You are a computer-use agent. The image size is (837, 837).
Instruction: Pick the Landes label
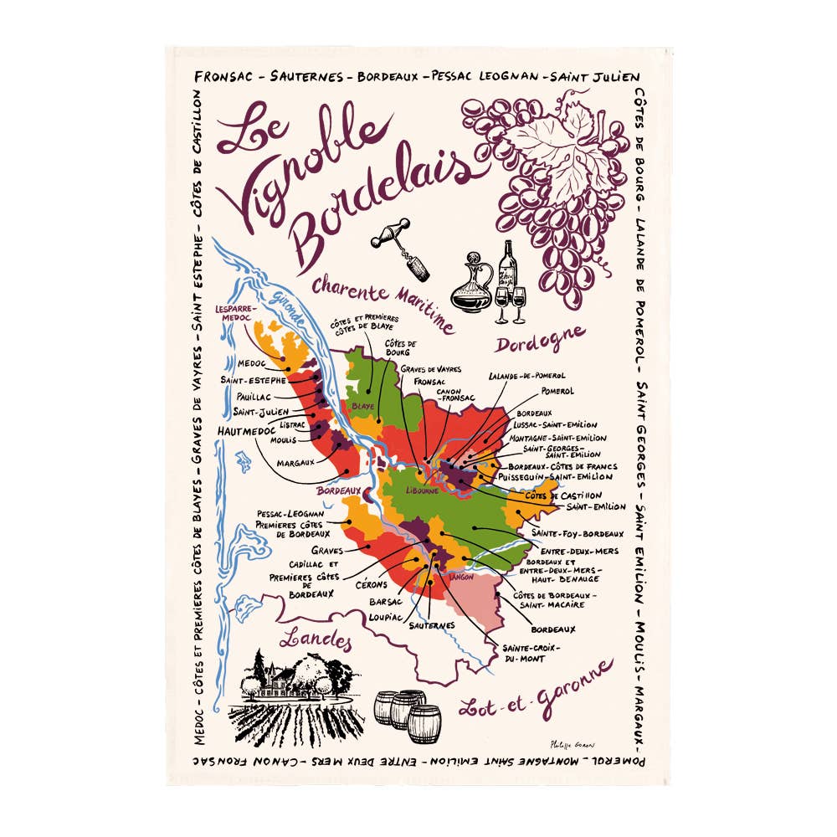click(316, 640)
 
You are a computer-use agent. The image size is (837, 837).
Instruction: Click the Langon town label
click(461, 577)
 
